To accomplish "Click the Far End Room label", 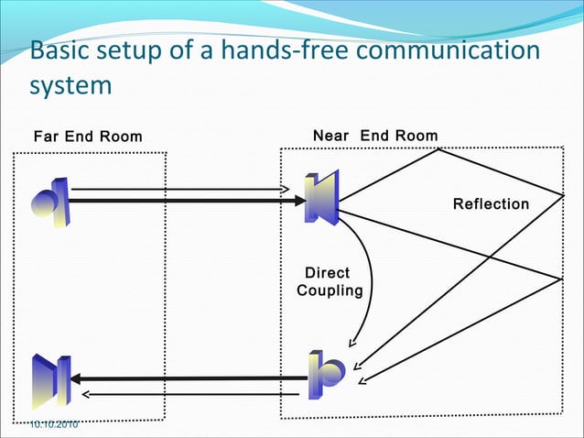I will [88, 137].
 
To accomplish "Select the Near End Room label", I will [375, 136].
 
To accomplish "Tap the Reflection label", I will [491, 203].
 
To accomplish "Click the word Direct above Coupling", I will [327, 273].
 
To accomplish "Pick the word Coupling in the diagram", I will [330, 290].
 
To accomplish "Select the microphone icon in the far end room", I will [49, 202].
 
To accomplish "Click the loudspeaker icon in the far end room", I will [46, 379].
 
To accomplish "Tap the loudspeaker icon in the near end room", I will [322, 197].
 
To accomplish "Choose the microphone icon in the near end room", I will [326, 372].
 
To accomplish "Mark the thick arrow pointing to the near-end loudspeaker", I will [183, 201].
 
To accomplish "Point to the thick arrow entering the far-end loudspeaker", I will [183, 378].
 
